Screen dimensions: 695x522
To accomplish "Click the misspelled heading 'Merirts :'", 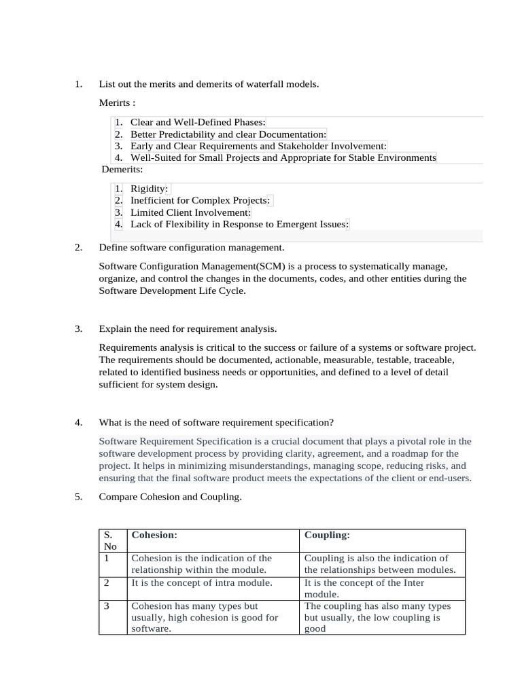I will pyautogui.click(x=117, y=103).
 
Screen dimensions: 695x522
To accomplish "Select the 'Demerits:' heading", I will pyautogui.click(x=122, y=169).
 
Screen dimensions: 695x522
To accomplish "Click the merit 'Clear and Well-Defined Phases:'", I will pyautogui.click(x=198, y=122).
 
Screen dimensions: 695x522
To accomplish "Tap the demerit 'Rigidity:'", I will pyautogui.click(x=149, y=189).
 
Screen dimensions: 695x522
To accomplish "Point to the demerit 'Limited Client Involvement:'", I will pyautogui.click(x=190, y=212).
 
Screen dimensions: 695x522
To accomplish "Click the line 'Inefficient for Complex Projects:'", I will pyautogui.click(x=201, y=200).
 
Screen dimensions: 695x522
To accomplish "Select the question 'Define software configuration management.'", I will pyautogui.click(x=192, y=248).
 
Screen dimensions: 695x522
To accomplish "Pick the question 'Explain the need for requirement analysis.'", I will pyautogui.click(x=188, y=329).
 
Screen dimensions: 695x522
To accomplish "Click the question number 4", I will pyautogui.click(x=78, y=422).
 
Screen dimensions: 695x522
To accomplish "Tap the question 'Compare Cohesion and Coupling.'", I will pyautogui.click(x=170, y=497).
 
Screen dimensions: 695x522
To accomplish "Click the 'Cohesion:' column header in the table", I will pyautogui.click(x=154, y=535).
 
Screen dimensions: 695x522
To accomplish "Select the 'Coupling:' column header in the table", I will pyautogui.click(x=327, y=535).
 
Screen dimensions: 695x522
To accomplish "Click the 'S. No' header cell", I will pyautogui.click(x=111, y=540).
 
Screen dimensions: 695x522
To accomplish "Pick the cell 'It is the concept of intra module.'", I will pyautogui.click(x=202, y=582).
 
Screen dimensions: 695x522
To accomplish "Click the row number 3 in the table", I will pyautogui.click(x=107, y=605).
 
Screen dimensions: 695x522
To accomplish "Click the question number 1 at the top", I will pyautogui.click(x=78, y=84).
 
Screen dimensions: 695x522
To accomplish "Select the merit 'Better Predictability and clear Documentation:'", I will pyautogui.click(x=228, y=134).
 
